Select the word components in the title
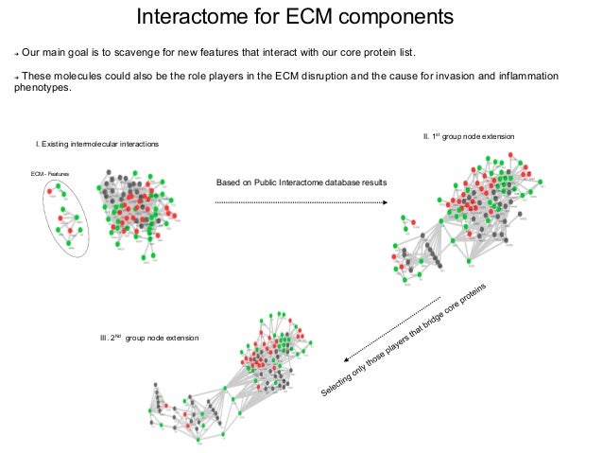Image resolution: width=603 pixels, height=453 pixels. click(x=388, y=18)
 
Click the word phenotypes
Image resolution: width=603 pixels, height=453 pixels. click(x=43, y=91)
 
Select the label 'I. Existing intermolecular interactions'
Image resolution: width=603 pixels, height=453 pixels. click(x=96, y=143)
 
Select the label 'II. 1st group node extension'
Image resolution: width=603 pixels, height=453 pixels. click(x=468, y=137)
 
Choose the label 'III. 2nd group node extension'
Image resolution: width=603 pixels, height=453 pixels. click(x=149, y=338)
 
